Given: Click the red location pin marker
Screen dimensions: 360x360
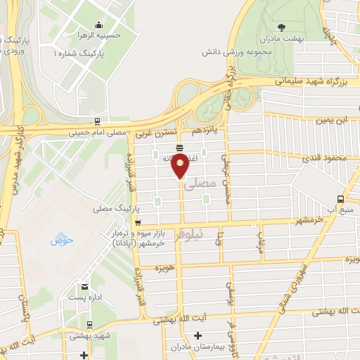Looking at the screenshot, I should point(181,167).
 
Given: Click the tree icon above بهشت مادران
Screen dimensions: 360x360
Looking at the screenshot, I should point(281,27).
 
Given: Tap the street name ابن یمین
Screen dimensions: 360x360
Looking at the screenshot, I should point(332,120).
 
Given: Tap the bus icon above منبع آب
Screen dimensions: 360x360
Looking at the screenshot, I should point(341,199).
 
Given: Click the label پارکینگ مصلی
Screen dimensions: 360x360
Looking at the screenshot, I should point(113,210).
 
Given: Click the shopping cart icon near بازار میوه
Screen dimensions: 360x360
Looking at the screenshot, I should point(137,224).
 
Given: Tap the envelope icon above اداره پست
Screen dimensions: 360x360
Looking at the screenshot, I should point(85,287).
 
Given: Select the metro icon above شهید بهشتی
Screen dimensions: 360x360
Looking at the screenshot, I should point(89,325).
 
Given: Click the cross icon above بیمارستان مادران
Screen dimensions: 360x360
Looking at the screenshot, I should point(198,335).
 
